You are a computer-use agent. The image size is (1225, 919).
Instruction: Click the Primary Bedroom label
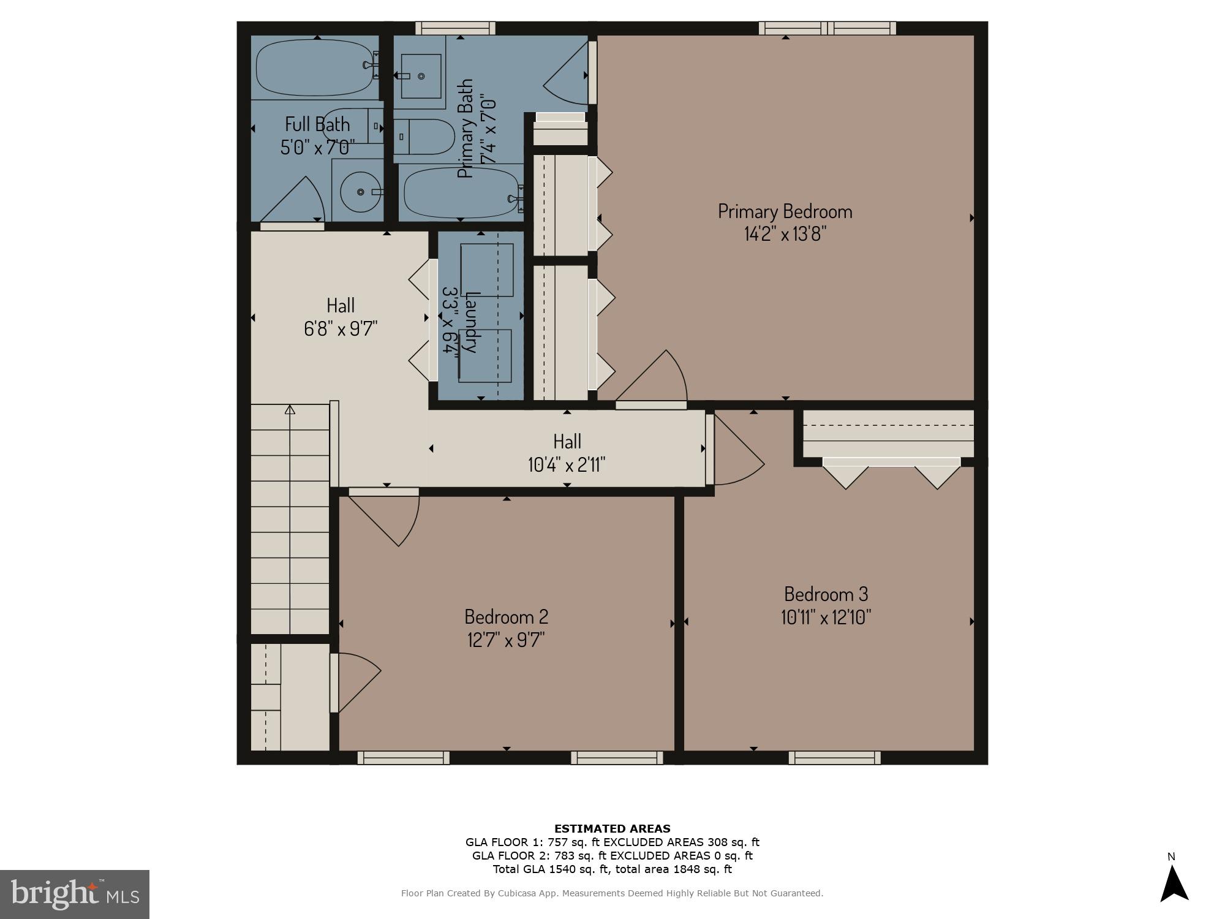(x=785, y=211)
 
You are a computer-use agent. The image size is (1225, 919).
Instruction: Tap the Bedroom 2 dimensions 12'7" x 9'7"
(x=506, y=640)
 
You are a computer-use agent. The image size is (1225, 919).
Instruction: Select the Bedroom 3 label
(x=826, y=594)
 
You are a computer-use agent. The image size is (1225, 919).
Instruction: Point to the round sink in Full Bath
(x=360, y=192)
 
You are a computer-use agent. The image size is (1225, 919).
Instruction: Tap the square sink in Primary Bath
(x=421, y=76)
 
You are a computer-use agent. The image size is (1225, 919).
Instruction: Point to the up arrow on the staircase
(x=290, y=409)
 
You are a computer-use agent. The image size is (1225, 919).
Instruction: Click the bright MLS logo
(x=74, y=894)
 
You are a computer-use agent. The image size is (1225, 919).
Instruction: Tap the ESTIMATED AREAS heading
(x=612, y=829)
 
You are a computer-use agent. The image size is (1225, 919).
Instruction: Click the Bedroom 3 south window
(x=834, y=758)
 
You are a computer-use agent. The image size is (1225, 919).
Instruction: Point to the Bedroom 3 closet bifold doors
(x=891, y=473)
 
